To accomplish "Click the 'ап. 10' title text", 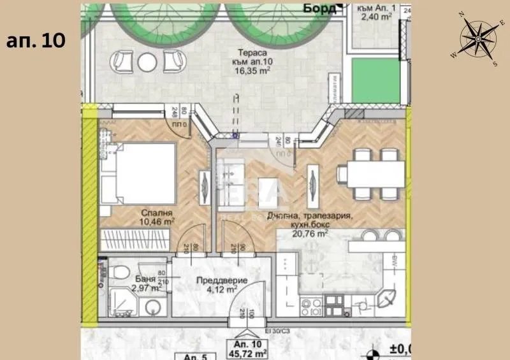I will tap(36, 40).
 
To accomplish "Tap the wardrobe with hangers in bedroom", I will tap(133, 241).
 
